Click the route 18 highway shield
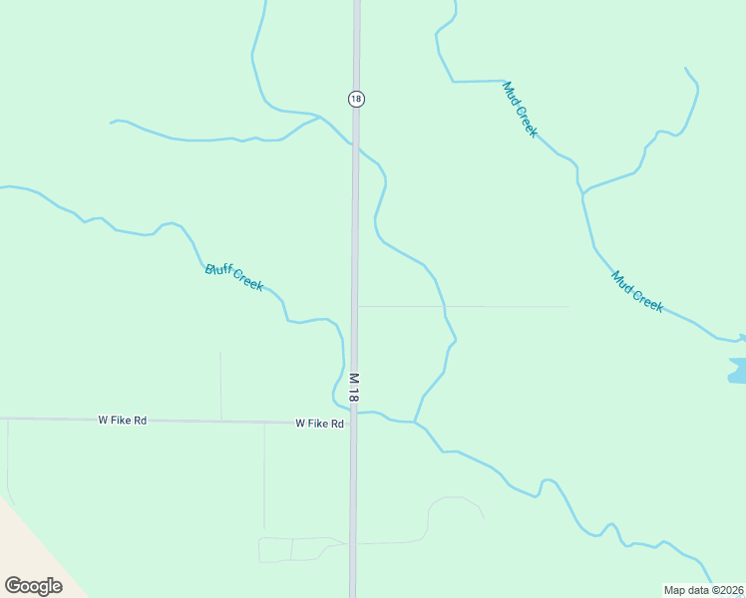[356, 98]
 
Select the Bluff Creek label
[234, 277]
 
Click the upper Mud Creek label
[521, 109]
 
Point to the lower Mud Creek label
[637, 292]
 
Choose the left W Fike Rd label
[122, 421]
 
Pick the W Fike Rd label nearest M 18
[319, 424]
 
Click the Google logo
[33, 585]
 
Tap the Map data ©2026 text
[703, 590]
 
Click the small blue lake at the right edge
[737, 372]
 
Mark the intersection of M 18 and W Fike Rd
[353, 423]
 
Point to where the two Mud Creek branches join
[582, 190]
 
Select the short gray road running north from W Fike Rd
[220, 385]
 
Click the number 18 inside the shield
[356, 98]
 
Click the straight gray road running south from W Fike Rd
[264, 478]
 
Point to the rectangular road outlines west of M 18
[291, 549]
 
